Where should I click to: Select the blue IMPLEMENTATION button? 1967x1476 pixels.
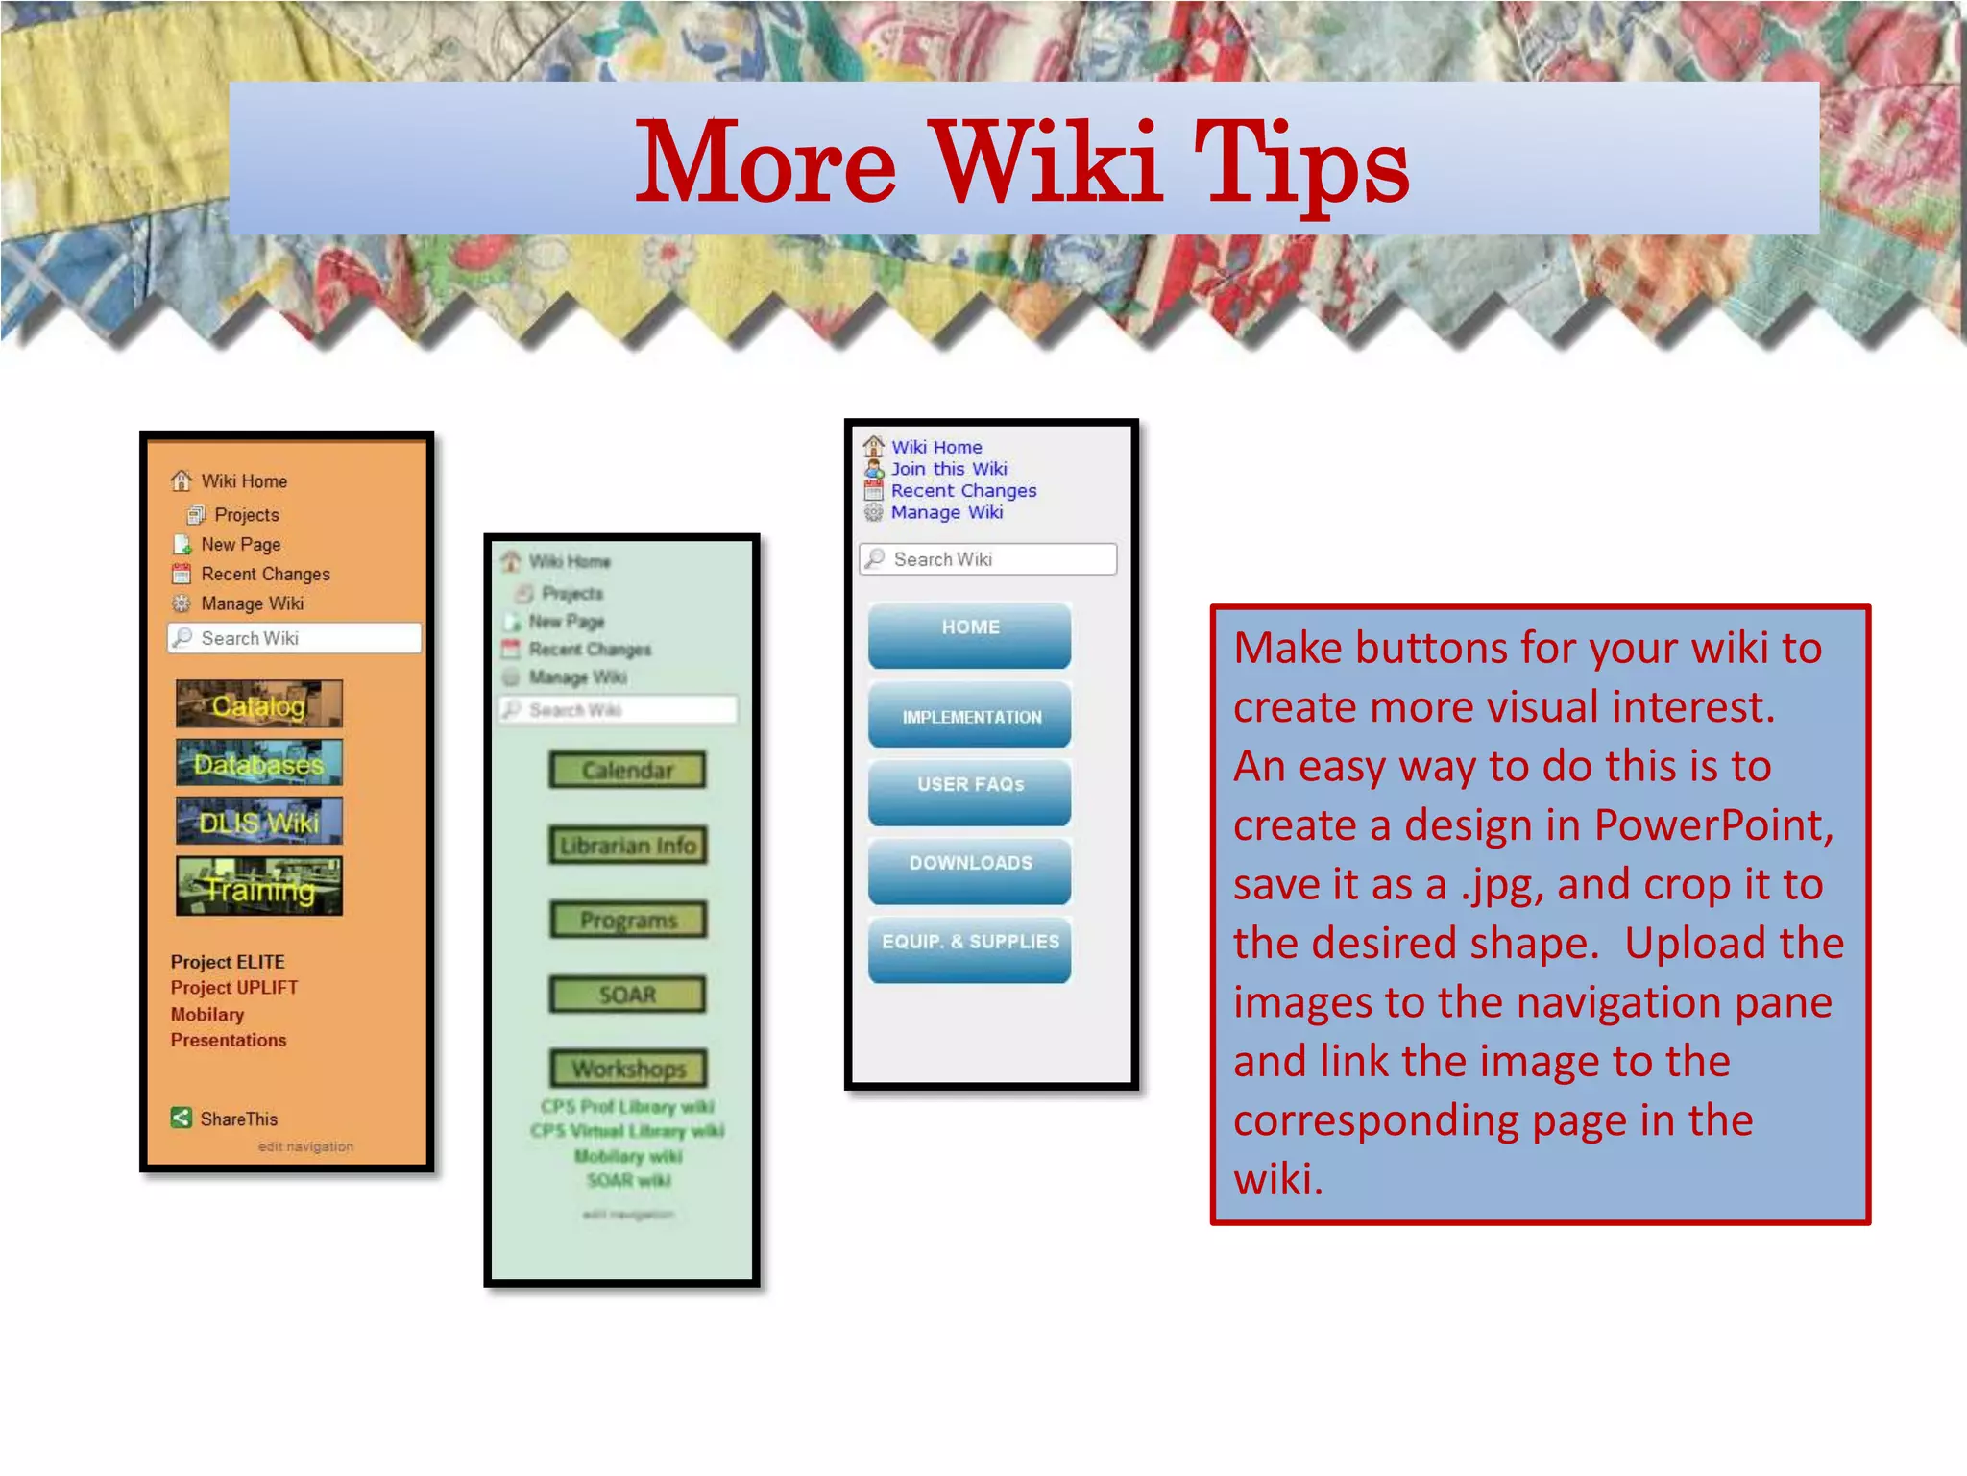(969, 715)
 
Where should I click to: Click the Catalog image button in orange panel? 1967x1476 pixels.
(259, 705)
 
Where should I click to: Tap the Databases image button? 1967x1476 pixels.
(259, 763)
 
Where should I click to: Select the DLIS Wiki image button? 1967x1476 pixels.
(259, 822)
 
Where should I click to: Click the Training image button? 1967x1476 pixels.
(259, 887)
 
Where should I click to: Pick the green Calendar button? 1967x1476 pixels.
(627, 770)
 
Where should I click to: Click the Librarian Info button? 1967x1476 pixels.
(627, 845)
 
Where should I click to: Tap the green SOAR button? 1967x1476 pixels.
(627, 995)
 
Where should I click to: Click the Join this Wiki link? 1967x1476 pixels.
(948, 469)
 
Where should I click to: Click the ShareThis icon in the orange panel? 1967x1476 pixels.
(182, 1118)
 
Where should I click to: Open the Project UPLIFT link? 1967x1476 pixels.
(234, 988)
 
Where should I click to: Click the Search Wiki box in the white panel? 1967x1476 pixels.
(989, 559)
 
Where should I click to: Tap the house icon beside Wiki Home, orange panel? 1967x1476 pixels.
(182, 480)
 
